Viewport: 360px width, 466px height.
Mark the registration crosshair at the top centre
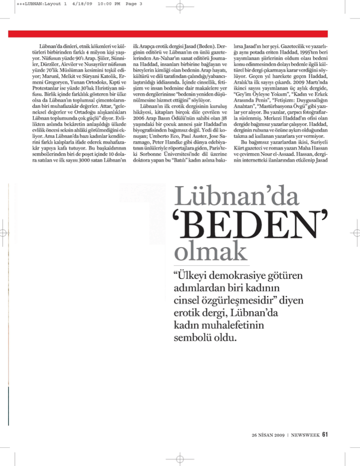(180, 8)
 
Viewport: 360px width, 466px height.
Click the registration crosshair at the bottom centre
(180, 458)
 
